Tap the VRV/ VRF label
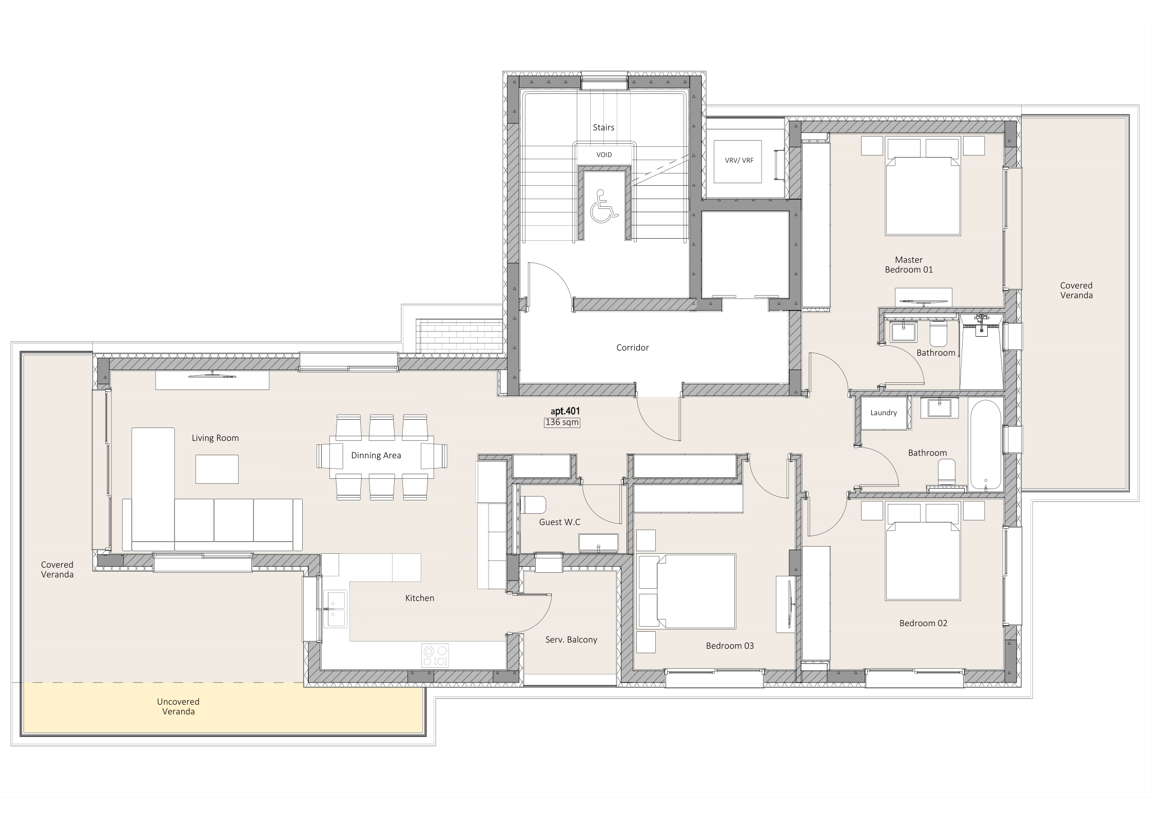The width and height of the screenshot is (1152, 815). (739, 160)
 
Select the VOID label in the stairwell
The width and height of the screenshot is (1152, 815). (604, 154)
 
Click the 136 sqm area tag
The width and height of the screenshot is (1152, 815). (562, 422)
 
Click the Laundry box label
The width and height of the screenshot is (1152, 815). (884, 413)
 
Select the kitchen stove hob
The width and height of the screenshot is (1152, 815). (435, 656)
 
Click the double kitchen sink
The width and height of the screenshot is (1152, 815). (335, 609)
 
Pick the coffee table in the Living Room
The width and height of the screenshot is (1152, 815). (217, 469)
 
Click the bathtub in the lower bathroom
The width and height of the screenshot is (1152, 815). (985, 444)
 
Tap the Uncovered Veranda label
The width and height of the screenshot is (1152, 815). (179, 706)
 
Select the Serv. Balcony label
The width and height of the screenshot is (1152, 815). (571, 639)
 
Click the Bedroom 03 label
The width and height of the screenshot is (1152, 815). (730, 646)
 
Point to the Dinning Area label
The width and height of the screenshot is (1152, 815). (376, 455)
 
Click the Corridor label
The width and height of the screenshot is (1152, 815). (633, 347)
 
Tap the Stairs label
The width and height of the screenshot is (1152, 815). (603, 127)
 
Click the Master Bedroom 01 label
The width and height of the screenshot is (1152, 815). (909, 264)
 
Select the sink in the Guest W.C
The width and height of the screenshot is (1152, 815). (599, 542)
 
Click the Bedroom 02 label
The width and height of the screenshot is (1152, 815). (923, 623)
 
